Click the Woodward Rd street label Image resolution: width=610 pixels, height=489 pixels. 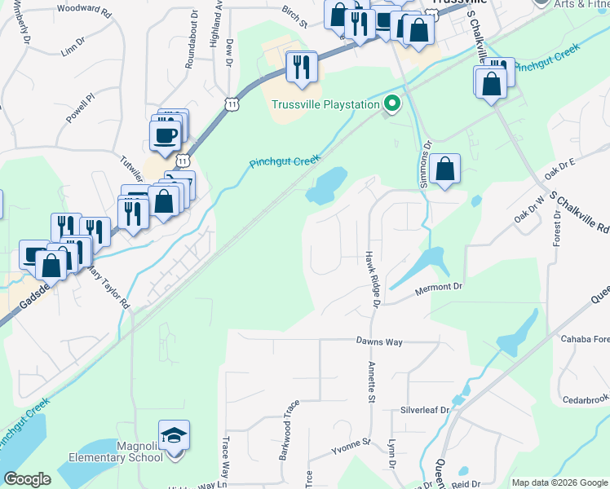(x=84, y=10)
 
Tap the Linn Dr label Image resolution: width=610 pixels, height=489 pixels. (x=73, y=51)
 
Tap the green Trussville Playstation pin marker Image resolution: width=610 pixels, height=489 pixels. (x=392, y=104)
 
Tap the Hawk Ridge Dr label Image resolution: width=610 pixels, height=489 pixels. (x=374, y=279)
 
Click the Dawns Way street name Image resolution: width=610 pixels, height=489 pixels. (x=379, y=341)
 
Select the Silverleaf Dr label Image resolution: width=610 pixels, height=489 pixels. (x=425, y=411)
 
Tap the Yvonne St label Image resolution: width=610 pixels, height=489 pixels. (x=351, y=445)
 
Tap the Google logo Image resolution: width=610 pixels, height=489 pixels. (x=27, y=479)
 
